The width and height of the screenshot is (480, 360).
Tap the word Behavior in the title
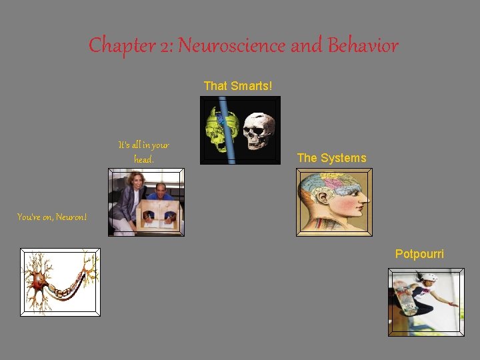point(363,46)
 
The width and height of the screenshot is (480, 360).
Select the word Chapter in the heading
point(115,46)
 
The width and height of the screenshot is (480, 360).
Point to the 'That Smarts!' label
point(238,86)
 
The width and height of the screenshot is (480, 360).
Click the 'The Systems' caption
point(331,158)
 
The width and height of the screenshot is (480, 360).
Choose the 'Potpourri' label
point(419,254)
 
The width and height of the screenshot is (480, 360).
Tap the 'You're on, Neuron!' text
point(52,217)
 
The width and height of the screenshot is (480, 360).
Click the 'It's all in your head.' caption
point(144,152)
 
